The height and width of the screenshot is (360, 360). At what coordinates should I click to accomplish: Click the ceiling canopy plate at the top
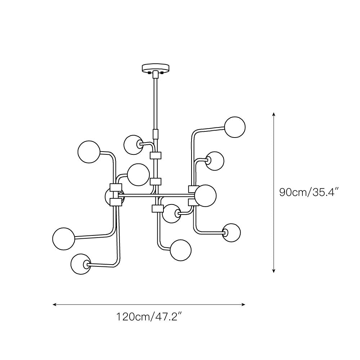[x=156, y=68]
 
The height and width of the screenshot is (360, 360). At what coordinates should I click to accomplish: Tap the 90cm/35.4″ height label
[x=309, y=192]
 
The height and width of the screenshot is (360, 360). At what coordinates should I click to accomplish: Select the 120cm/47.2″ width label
[x=150, y=317]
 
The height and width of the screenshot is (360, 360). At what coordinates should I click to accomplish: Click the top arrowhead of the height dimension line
[x=274, y=114]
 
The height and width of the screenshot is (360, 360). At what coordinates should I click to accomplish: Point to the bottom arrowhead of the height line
[x=274, y=271]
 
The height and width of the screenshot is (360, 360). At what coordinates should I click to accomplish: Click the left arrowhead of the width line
[x=55, y=305]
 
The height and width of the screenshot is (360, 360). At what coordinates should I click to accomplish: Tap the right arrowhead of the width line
[x=243, y=305]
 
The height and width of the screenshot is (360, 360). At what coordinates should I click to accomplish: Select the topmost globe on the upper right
[x=235, y=127]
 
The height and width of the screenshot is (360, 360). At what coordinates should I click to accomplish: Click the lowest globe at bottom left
[x=81, y=264]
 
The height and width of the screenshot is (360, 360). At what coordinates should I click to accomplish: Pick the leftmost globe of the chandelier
[x=64, y=239]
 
